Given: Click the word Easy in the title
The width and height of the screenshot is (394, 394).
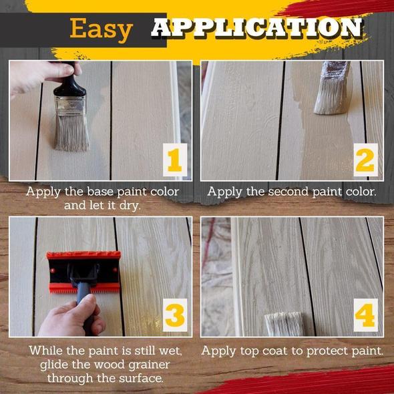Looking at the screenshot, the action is pyautogui.click(x=101, y=30).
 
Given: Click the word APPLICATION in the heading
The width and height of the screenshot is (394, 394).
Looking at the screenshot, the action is pyautogui.click(x=257, y=27).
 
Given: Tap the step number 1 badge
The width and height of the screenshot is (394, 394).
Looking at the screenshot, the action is pyautogui.click(x=175, y=160).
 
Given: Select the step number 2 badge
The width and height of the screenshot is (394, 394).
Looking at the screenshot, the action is pyautogui.click(x=365, y=160).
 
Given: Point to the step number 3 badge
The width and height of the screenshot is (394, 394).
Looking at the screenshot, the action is pyautogui.click(x=175, y=315).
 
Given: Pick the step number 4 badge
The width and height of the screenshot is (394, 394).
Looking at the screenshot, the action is pyautogui.click(x=365, y=315).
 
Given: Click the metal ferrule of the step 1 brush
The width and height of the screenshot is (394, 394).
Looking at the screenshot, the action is pyautogui.click(x=70, y=106).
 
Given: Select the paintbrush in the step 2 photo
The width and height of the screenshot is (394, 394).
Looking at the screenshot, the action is pyautogui.click(x=332, y=88).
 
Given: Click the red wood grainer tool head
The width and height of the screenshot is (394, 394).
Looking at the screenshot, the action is pyautogui.click(x=83, y=272).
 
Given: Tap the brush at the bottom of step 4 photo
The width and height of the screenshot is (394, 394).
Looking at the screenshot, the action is pyautogui.click(x=285, y=324).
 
